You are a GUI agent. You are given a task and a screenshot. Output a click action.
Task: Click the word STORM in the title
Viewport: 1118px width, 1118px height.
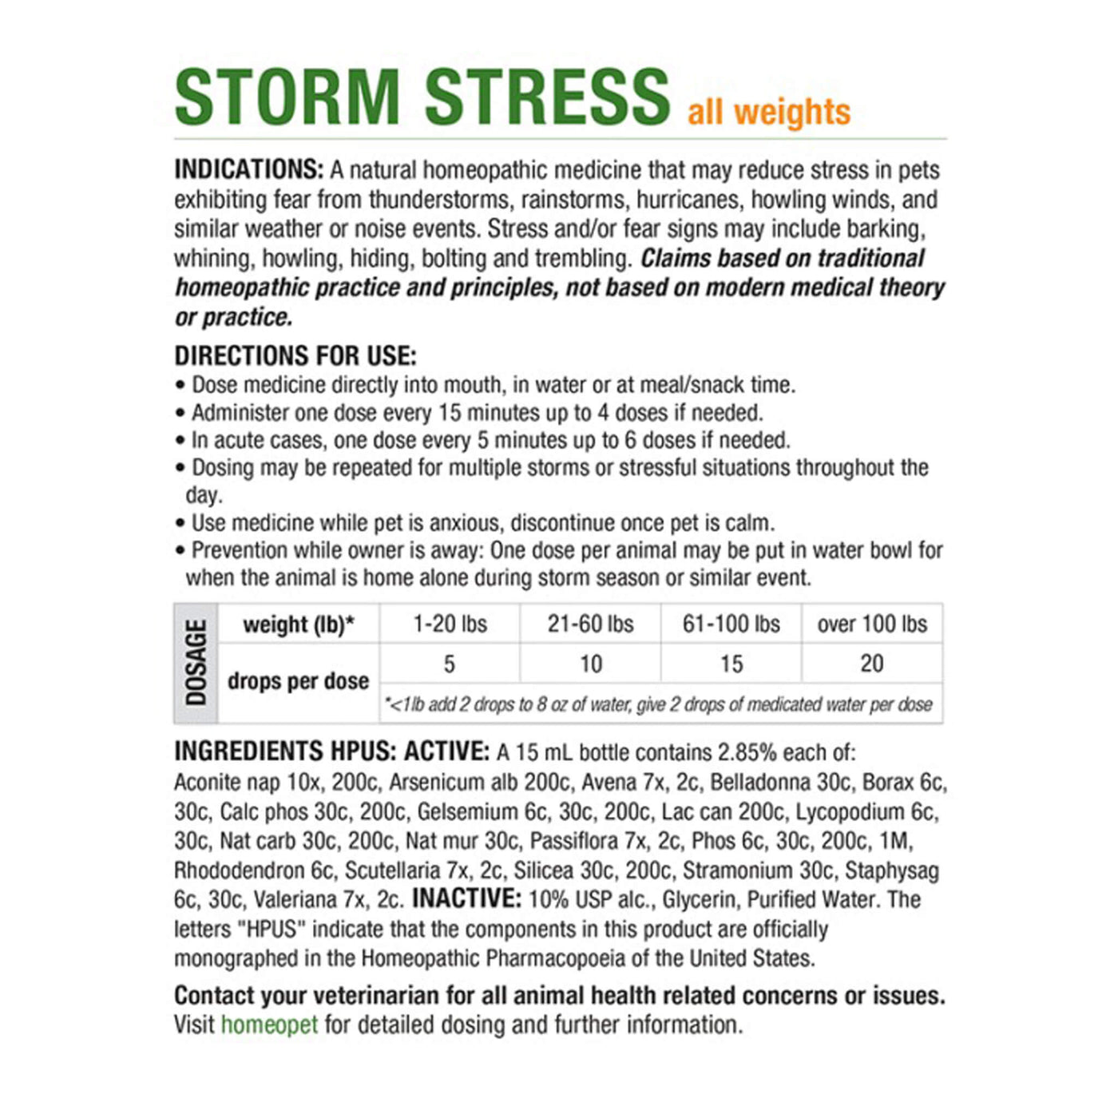[287, 97]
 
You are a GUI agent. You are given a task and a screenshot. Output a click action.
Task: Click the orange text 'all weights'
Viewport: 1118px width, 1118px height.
[769, 112]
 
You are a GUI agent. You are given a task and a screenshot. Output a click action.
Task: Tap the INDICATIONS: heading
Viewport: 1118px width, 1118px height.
[248, 170]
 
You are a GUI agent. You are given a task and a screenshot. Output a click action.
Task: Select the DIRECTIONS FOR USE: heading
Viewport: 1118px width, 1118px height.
[295, 355]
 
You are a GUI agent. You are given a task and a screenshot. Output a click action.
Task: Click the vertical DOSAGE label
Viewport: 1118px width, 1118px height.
[196, 664]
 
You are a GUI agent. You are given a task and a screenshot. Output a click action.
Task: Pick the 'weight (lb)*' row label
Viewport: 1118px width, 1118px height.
[299, 624]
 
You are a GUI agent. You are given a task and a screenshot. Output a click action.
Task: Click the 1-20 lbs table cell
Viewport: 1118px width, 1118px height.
[450, 624]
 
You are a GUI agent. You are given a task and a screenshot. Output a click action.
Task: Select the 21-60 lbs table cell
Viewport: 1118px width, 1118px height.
[590, 624]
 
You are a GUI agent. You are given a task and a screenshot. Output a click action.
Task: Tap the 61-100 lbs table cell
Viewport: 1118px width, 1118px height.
[731, 624]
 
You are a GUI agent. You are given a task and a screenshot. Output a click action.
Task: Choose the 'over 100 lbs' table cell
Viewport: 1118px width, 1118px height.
[872, 624]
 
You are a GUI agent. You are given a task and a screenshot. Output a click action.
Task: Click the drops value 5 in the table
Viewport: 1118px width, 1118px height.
[450, 664]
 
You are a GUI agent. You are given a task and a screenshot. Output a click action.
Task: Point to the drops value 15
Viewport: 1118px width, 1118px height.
[731, 664]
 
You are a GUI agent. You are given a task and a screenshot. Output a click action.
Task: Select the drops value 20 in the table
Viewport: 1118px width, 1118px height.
[872, 664]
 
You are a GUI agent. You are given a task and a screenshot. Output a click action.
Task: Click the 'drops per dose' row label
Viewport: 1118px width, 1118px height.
[299, 681]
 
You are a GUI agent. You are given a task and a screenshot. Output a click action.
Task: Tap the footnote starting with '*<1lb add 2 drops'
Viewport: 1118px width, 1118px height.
[660, 704]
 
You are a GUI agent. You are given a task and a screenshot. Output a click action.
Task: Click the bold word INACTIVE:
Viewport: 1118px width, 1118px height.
[466, 899]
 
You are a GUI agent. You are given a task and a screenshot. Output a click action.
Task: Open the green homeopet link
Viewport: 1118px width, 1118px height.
[269, 1025]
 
